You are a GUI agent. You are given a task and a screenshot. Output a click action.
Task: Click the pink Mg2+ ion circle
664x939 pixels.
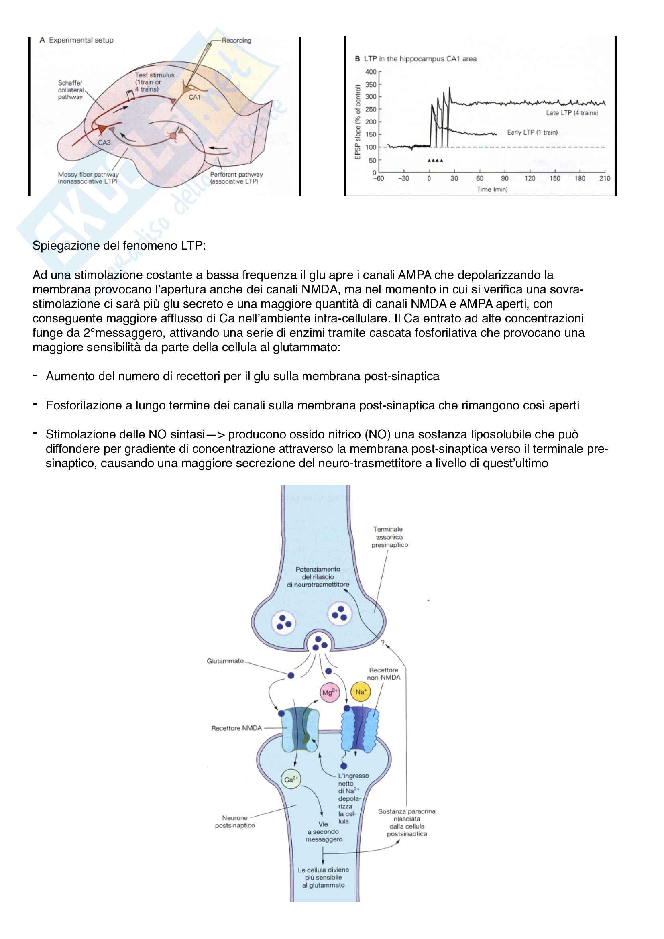[x=329, y=692]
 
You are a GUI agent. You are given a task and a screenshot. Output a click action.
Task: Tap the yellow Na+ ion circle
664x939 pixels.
[x=360, y=692]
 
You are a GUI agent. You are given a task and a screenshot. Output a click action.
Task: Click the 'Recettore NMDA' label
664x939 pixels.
[x=236, y=728]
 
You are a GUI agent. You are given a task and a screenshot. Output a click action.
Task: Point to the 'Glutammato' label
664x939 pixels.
[x=225, y=661]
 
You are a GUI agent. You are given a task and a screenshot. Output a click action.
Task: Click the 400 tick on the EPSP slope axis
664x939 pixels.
[x=371, y=72]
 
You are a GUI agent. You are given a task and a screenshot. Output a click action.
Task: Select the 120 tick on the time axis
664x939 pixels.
[x=530, y=178]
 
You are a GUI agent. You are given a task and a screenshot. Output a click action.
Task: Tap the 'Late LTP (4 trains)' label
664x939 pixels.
[x=572, y=113]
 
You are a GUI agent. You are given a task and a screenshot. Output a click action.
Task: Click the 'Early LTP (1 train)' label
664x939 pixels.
[x=532, y=132]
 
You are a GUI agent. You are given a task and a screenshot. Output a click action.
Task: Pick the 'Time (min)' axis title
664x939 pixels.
[x=492, y=189]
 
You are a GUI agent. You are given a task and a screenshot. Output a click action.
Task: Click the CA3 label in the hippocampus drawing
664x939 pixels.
[x=104, y=143]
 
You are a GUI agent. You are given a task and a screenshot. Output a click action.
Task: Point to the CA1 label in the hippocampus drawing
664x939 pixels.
[x=194, y=97]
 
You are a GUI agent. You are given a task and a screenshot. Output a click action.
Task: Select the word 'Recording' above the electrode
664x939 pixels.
[x=236, y=41]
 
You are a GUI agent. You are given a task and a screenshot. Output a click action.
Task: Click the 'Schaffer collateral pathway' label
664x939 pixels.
[x=70, y=90]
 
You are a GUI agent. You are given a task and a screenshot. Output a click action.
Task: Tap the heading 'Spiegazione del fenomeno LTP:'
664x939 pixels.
[x=119, y=246]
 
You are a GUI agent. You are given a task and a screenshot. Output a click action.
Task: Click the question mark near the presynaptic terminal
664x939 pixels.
[x=383, y=643]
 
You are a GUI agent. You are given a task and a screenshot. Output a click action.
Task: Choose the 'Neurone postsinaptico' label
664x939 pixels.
[x=235, y=821]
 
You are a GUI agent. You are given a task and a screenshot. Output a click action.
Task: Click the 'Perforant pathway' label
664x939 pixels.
[x=236, y=175]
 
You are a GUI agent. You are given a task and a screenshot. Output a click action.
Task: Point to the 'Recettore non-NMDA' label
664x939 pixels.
[x=383, y=674]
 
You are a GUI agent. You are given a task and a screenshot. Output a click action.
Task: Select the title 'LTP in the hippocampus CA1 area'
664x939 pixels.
[x=420, y=59]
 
